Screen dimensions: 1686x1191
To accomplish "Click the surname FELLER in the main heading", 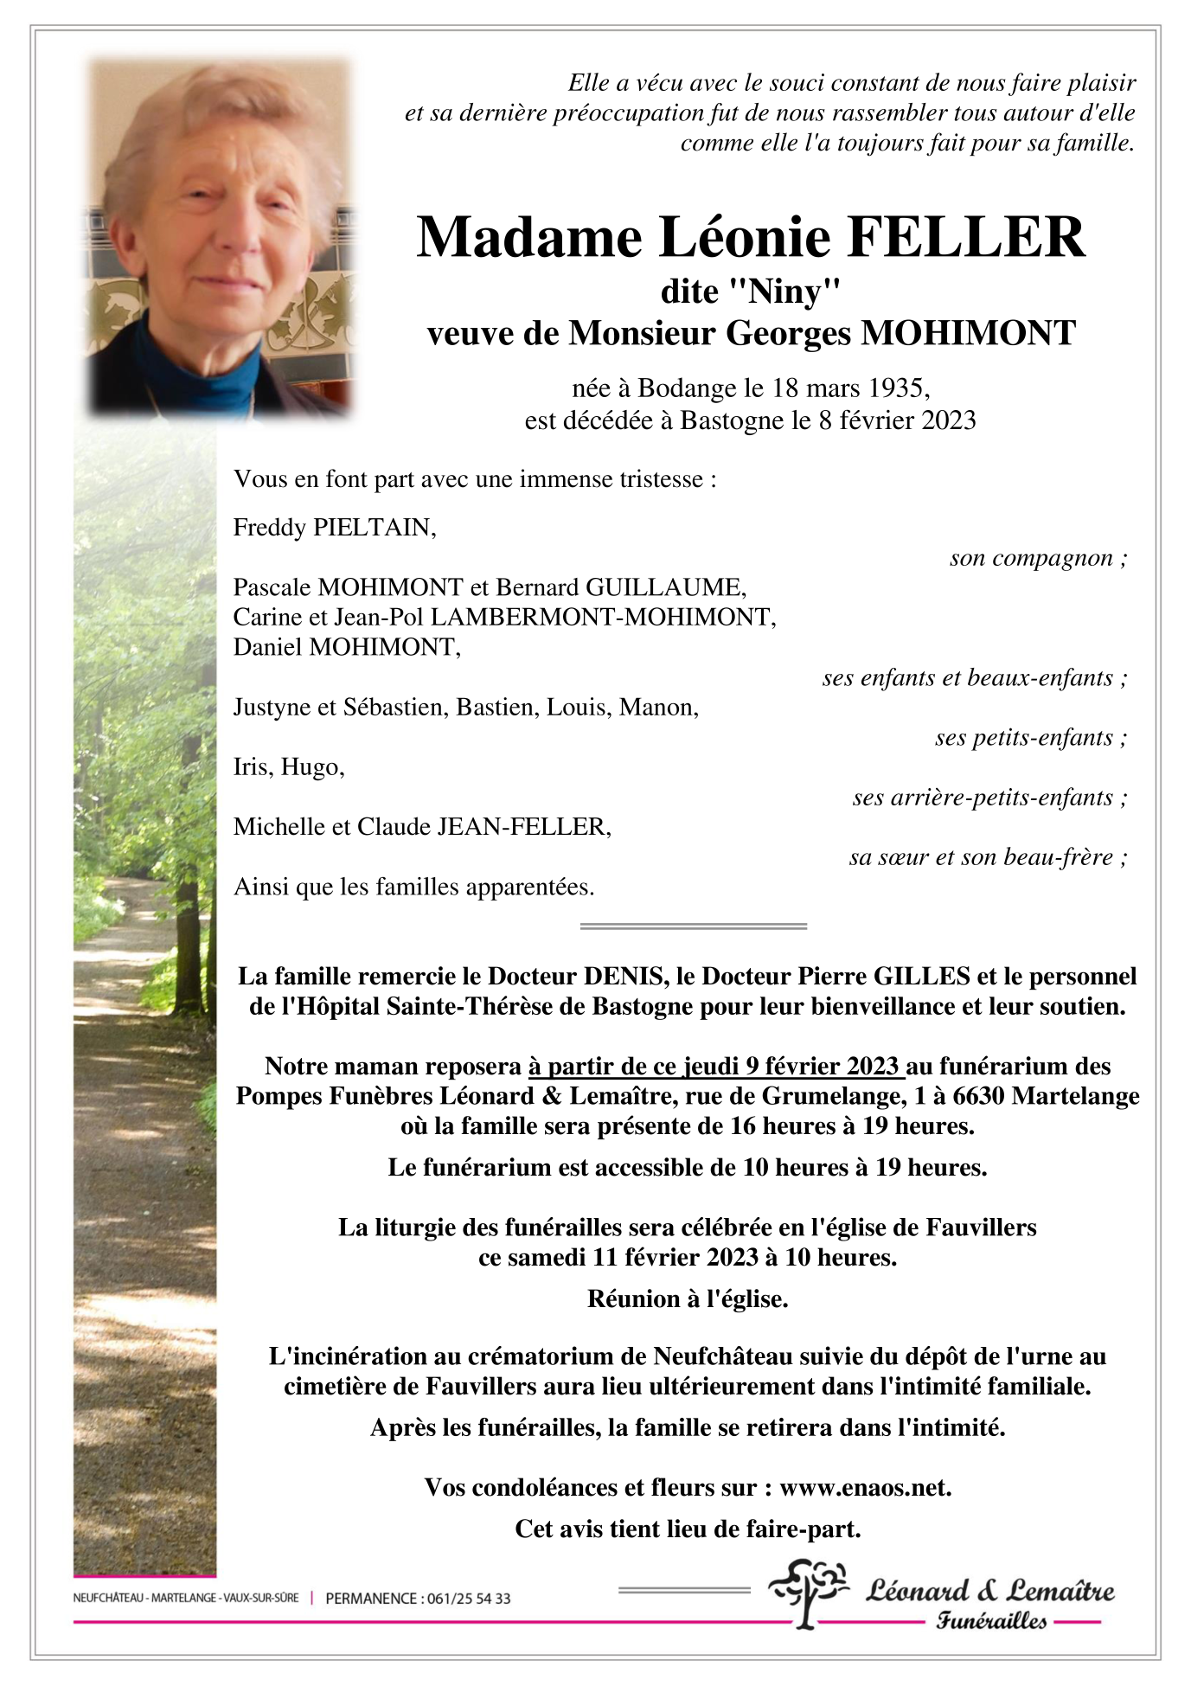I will tap(966, 237).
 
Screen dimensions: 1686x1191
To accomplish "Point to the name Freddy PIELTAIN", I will tap(334, 528).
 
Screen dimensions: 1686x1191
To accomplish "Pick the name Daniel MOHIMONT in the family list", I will tap(346, 647).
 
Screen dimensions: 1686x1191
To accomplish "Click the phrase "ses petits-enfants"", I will tap(1024, 738).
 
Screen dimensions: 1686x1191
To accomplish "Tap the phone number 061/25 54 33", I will tap(467, 1599).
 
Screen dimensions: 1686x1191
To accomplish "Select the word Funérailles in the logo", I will tap(990, 1621).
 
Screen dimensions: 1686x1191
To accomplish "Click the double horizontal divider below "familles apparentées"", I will tap(693, 926).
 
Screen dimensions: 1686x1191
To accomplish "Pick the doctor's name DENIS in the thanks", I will tap(622, 977).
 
